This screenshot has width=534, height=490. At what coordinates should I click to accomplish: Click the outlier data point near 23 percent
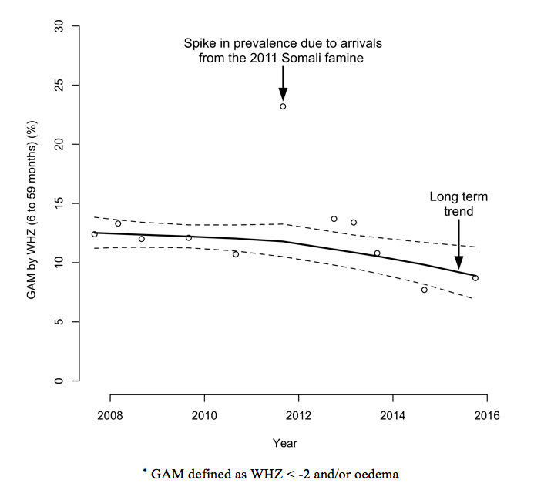click(283, 106)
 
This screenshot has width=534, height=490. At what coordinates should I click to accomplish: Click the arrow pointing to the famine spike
click(283, 82)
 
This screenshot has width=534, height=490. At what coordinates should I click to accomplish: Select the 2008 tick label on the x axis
click(110, 417)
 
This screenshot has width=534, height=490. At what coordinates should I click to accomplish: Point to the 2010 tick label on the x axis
click(204, 417)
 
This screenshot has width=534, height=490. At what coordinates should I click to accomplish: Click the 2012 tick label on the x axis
click(298, 417)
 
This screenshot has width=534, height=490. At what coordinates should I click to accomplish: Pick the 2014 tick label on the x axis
click(393, 417)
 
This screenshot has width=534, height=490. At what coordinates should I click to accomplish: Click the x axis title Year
click(284, 443)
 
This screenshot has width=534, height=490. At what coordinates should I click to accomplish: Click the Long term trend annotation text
click(458, 203)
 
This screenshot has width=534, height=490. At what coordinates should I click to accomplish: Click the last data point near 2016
click(475, 278)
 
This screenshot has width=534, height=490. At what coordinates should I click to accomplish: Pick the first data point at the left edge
click(94, 234)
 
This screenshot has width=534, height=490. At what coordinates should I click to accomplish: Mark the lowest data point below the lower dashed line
click(425, 290)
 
